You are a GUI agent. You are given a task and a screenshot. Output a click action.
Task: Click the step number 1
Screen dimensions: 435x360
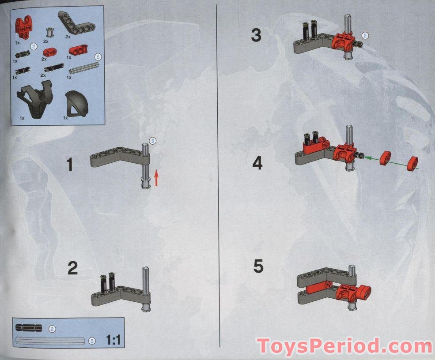pos(70,165)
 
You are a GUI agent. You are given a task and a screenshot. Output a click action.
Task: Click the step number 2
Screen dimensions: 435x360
pos(73,268)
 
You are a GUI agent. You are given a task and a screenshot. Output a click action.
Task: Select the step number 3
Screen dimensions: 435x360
pos(256,36)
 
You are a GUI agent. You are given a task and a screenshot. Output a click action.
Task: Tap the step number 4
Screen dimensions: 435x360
pos(257,163)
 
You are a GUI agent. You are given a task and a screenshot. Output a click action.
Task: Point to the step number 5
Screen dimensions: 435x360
pos(258,266)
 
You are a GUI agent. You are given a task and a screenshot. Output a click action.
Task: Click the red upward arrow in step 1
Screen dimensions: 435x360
pos(156,178)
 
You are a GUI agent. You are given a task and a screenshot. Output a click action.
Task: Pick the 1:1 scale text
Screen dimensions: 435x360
pos(113,340)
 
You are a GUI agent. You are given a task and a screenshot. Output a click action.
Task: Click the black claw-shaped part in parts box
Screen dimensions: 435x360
pos(35,99)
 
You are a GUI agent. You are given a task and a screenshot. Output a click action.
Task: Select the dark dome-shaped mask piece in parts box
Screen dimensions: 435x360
pos(76,104)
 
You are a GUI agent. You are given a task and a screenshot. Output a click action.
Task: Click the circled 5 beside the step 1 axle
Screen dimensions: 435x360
pos(152,141)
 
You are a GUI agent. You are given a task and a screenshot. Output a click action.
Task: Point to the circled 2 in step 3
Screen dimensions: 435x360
pos(365,35)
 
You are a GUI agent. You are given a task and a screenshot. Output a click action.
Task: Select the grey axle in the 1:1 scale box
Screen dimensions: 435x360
pos(50,341)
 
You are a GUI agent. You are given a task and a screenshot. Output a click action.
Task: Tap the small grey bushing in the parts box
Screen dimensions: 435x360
pos(49,33)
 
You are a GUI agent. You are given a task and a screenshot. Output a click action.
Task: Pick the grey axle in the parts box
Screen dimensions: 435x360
pos(84,68)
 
